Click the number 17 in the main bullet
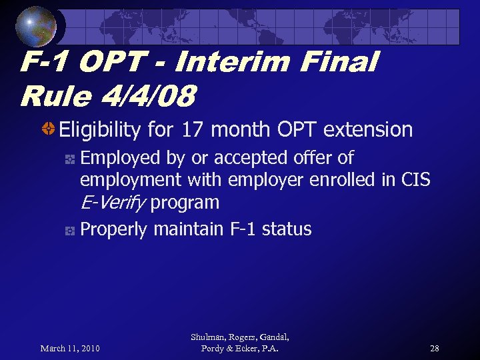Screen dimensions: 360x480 pyautogui.click(x=193, y=129)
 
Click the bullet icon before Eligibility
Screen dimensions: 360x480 pyautogui.click(x=49, y=129)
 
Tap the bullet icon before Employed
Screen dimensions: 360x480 pyautogui.click(x=69, y=159)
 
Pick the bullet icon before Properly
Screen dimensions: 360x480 pyautogui.click(x=69, y=231)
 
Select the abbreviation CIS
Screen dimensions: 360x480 pyautogui.click(x=416, y=180)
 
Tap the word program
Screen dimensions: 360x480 pyautogui.click(x=185, y=203)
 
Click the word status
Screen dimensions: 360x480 pyautogui.click(x=287, y=229)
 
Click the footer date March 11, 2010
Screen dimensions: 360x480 pyautogui.click(x=70, y=349)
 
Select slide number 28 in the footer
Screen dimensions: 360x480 pyautogui.click(x=434, y=349)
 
